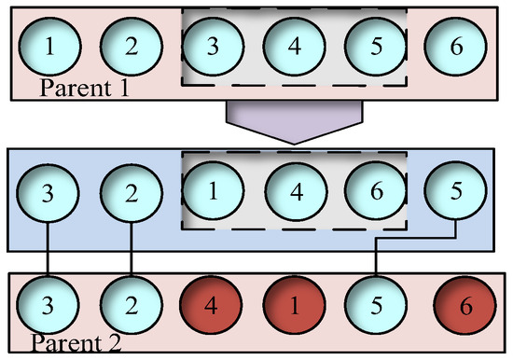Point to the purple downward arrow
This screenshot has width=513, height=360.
coord(294,120)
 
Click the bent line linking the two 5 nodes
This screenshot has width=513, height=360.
coord(415,239)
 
